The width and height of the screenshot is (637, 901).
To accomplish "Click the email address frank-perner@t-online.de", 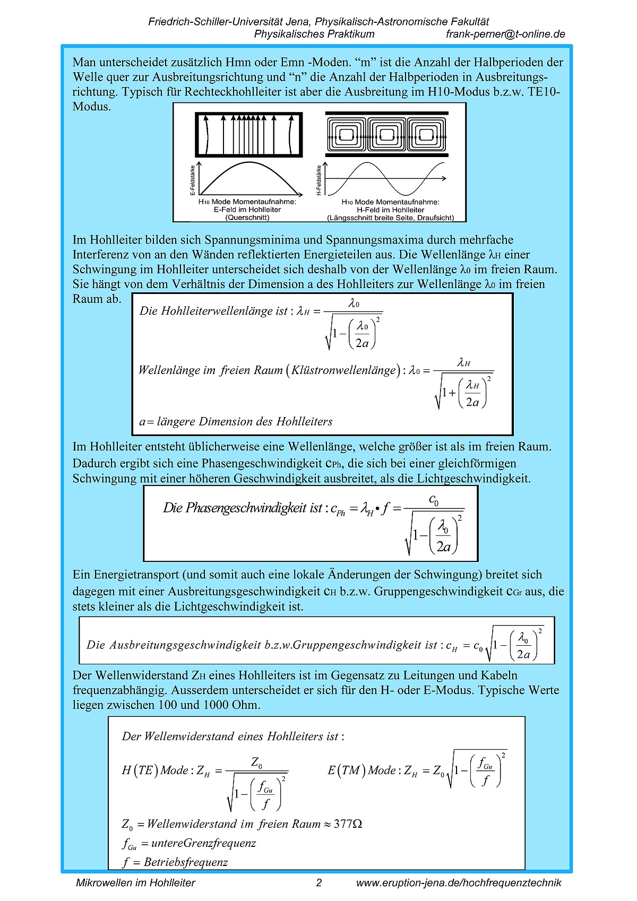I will [505, 34].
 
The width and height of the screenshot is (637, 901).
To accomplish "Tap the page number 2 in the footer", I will [318, 883].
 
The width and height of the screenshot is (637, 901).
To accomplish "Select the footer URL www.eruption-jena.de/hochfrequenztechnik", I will [459, 883].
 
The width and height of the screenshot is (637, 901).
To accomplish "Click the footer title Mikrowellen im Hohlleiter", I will [135, 883].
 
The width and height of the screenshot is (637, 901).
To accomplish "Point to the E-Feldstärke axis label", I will [192, 180].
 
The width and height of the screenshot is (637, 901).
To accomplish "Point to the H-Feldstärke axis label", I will [318, 180].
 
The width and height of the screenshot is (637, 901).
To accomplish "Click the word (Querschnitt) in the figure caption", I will [247, 218].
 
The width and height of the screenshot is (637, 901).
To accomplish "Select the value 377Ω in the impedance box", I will [348, 824].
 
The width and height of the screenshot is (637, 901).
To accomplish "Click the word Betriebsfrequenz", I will [186, 862].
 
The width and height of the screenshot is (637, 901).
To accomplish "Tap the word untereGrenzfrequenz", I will [203, 843].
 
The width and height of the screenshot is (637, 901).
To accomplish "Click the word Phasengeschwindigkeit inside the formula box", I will [246, 508].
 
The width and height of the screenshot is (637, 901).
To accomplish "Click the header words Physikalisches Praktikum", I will [314, 34].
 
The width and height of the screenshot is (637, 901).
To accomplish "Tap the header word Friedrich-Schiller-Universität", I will [217, 22].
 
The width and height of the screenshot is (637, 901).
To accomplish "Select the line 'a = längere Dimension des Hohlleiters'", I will [236, 422].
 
